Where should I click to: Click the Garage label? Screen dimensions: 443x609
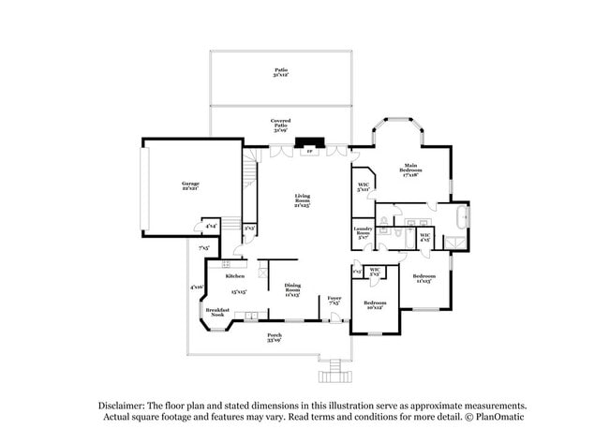[189, 186]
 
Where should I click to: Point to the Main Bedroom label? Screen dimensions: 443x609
[412, 170]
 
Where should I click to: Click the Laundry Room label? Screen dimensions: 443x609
[364, 231]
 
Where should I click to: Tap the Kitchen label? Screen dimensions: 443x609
[235, 276]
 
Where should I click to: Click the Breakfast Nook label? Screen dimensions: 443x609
[217, 313]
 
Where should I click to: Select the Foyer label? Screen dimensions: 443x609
[334, 302]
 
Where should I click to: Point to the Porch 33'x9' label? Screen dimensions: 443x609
[275, 337]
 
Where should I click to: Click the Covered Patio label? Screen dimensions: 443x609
[280, 126]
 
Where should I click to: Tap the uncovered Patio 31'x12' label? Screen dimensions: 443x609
[280, 73]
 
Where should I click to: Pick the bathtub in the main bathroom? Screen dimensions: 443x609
[459, 219]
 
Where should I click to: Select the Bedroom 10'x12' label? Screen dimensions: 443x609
[375, 305]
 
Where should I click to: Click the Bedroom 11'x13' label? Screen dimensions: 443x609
[424, 279]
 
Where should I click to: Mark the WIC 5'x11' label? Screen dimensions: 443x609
[364, 187]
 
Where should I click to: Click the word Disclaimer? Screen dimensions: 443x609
[128, 405]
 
